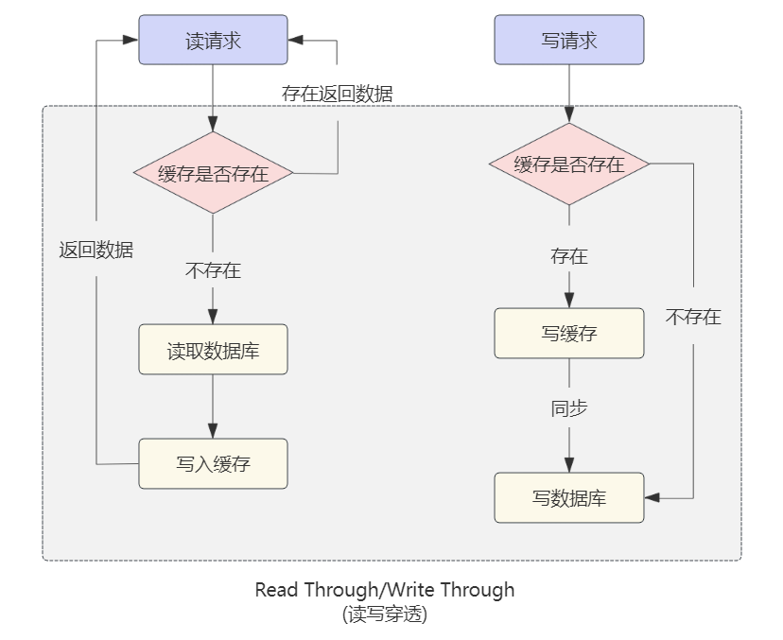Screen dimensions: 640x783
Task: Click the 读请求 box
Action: [x=213, y=40]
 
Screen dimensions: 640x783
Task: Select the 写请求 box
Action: [x=568, y=40]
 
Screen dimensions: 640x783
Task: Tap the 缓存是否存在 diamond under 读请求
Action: [x=213, y=173]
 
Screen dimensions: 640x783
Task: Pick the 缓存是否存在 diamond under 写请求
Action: [x=568, y=164]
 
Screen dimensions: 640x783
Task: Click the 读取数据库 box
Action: [x=213, y=350]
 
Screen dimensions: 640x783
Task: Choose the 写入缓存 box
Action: [x=213, y=464]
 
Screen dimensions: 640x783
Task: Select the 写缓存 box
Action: [x=568, y=333]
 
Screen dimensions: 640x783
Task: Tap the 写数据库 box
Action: [x=568, y=497]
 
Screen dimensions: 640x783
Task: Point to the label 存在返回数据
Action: [x=337, y=94]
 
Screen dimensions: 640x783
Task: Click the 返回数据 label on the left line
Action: [x=96, y=251]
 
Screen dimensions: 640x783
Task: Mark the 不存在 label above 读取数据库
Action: [x=213, y=271]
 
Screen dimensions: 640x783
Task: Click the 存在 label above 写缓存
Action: [x=568, y=256]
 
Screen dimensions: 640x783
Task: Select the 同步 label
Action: [x=568, y=408]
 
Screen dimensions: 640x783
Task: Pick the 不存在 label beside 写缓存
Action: [x=693, y=317]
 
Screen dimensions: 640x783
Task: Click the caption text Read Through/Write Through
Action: [x=385, y=590]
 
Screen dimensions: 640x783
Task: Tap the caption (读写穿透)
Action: [x=385, y=614]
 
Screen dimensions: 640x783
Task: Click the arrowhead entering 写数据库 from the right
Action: [x=652, y=497]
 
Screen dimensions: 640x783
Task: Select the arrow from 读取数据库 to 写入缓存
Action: [x=213, y=406]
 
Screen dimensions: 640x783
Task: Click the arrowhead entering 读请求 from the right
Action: [x=295, y=40]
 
